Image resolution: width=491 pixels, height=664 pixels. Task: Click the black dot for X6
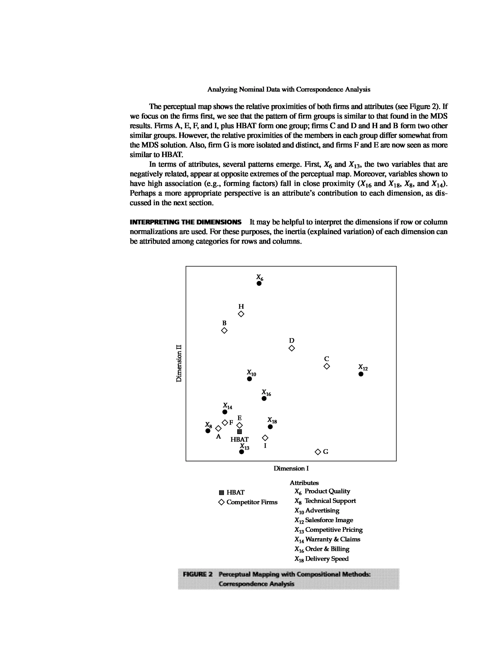(x=259, y=283)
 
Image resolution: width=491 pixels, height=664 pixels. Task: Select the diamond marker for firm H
(x=241, y=314)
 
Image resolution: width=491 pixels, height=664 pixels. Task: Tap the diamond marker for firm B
(x=224, y=330)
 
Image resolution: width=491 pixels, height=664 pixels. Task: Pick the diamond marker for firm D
(x=292, y=348)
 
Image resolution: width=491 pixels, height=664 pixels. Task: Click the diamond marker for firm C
(x=326, y=366)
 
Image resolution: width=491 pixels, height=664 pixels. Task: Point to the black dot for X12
(x=361, y=374)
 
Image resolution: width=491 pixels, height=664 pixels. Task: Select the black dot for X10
(x=249, y=379)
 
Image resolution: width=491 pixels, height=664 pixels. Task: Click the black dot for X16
(x=264, y=399)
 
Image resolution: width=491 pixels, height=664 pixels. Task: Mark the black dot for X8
(x=208, y=431)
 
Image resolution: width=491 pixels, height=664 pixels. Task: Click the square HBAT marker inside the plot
(x=240, y=432)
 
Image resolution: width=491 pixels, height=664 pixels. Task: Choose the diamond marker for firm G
(x=318, y=452)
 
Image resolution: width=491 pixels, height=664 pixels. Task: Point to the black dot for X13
(x=241, y=452)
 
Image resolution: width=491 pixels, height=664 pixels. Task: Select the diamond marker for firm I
(x=265, y=438)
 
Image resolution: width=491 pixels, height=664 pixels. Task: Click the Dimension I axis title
(x=291, y=468)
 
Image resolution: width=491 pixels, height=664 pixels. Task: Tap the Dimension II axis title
(x=179, y=363)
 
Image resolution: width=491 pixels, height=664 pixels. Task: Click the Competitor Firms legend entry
(x=248, y=502)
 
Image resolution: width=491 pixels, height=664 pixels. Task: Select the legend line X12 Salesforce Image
(x=324, y=520)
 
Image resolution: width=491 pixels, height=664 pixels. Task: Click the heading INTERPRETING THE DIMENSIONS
(x=186, y=222)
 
